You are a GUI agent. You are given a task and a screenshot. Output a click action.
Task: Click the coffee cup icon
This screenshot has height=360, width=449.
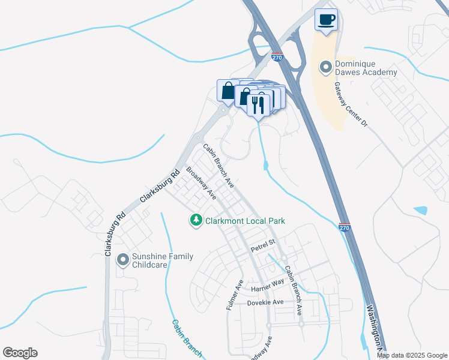coord(326,19)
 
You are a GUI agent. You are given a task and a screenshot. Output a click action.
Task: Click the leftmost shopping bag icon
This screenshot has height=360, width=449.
coord(228,91)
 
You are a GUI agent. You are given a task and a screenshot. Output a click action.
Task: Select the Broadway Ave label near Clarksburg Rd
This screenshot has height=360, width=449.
coord(200,182)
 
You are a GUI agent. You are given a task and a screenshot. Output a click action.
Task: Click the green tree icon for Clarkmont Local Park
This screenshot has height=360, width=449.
coord(196,221)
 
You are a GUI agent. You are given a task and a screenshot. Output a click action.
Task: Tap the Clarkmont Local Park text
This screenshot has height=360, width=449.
coord(245,221)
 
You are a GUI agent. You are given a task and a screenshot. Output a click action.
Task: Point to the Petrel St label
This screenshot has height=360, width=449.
coord(262,244)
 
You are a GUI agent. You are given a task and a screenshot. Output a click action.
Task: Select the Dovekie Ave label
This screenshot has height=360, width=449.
coord(265,302)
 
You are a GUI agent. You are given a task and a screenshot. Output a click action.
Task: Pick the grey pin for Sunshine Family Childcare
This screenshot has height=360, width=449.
coord(123,260)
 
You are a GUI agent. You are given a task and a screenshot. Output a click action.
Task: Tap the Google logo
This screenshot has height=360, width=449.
coord(20,353)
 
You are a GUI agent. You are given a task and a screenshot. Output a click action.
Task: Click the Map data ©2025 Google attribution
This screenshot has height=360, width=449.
coord(412,355)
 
